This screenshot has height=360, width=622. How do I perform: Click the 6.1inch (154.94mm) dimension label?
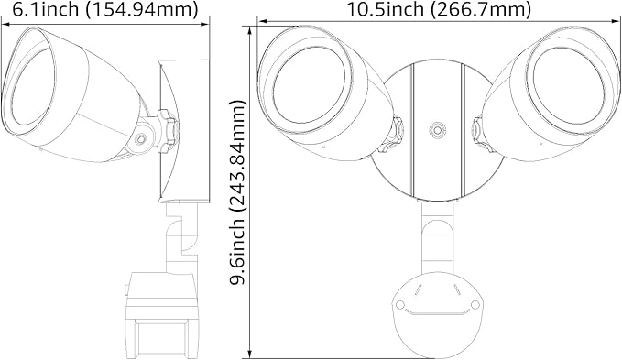pyautogui.click(x=105, y=9)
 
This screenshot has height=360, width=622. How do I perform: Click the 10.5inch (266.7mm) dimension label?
pyautogui.click(x=439, y=9)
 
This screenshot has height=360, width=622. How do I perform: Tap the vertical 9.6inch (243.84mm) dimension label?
pyautogui.click(x=237, y=192)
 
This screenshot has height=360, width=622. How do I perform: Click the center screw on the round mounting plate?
pyautogui.click(x=438, y=130)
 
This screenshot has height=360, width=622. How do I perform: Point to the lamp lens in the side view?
pyautogui.click(x=33, y=89)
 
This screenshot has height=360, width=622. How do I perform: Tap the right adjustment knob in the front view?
pyautogui.click(x=482, y=134)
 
